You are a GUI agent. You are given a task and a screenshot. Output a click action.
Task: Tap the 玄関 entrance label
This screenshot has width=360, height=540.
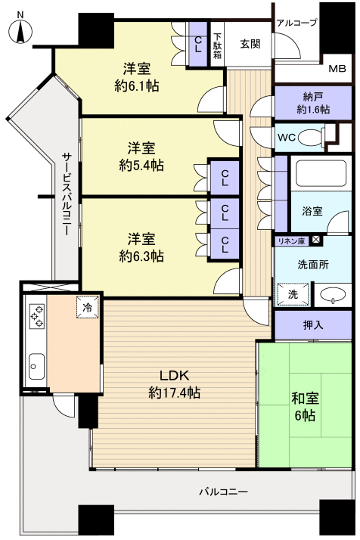click(x=250, y=43)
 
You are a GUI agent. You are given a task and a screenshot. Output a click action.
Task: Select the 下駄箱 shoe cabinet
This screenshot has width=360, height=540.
click(x=218, y=43)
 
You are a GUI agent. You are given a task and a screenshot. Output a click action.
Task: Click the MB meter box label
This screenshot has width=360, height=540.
click(x=337, y=69)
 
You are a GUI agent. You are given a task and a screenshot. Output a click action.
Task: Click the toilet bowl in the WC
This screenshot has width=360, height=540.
click(x=311, y=137)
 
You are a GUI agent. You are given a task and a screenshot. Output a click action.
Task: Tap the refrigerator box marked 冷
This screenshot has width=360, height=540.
click(x=88, y=308)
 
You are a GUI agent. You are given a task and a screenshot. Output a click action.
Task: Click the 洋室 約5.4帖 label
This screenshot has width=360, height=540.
click(x=141, y=156)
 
